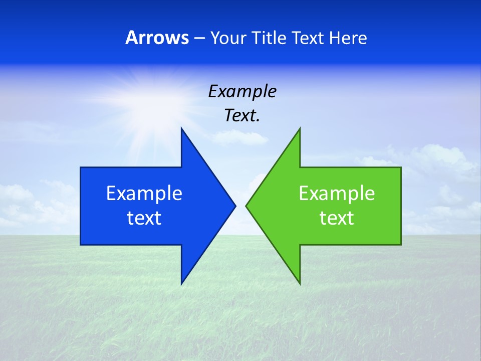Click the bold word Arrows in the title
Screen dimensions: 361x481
coord(157,38)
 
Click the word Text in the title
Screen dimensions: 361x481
coord(308,38)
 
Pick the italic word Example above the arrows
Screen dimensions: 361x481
coord(243,91)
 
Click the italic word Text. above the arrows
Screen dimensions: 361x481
coord(243,116)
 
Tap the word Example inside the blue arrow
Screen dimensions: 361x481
coord(144,194)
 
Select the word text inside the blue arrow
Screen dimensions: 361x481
coord(144,218)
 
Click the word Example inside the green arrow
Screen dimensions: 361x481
coord(337,194)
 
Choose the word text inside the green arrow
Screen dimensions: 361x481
coord(337,218)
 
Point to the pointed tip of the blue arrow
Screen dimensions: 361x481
coord(235,206)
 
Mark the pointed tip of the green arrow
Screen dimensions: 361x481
coord(246,206)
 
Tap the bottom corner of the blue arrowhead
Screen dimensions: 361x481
coord(181,283)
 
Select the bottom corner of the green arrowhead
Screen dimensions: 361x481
coord(300,283)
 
